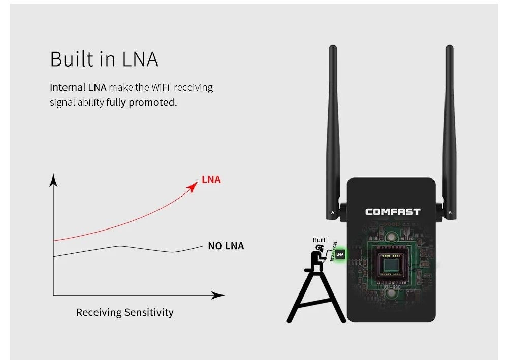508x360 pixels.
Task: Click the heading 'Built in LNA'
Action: coord(104,59)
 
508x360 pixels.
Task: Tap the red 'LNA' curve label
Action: coord(211,179)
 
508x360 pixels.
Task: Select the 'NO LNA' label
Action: coord(226,246)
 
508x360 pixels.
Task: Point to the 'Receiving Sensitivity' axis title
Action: coord(124,312)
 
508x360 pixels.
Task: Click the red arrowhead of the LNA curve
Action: coord(193,186)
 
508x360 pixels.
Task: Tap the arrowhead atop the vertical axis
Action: coord(53,180)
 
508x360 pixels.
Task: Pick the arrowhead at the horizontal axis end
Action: coord(218,295)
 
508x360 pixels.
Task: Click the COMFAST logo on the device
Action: coord(393,212)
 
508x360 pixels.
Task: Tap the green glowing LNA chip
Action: coord(340,254)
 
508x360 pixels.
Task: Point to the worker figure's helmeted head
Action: coord(319,248)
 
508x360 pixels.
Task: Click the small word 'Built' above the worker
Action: coord(319,240)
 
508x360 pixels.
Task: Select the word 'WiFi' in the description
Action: coord(161,87)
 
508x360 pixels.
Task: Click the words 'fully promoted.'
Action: coord(142,102)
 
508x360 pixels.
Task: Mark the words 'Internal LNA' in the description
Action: coord(78,87)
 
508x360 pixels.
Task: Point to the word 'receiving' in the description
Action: coord(194,87)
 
